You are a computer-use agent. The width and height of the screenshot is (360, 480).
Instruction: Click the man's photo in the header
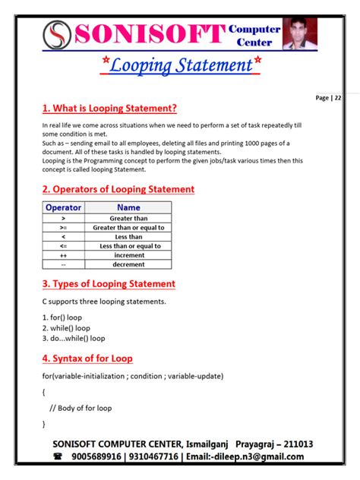pos(299,33)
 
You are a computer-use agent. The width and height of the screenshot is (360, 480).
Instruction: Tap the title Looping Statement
pos(182,66)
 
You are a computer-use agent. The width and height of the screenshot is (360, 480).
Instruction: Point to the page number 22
pos(337,98)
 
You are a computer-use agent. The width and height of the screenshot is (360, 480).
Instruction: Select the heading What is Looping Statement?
pos(109,108)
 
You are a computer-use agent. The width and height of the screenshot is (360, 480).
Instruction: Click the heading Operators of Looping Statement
pos(118,189)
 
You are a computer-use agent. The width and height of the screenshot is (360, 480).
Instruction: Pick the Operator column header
pos(63,207)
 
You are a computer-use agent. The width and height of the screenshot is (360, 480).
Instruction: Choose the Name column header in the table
pos(128,207)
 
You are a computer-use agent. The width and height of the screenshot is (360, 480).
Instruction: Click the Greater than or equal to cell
pos(128,227)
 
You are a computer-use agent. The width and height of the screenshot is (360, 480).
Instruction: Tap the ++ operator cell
pos(63,255)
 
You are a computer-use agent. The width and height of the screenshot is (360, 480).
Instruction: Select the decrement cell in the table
pos(128,264)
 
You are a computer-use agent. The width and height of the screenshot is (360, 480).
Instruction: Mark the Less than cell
pos(128,237)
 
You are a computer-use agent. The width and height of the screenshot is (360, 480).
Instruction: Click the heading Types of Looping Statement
pos(109,284)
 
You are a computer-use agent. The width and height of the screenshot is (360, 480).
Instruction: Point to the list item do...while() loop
pos(74,338)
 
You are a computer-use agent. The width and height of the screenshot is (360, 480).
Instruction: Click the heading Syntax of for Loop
pos(87,358)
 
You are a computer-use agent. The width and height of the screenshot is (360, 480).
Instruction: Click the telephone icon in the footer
pos(58,457)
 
